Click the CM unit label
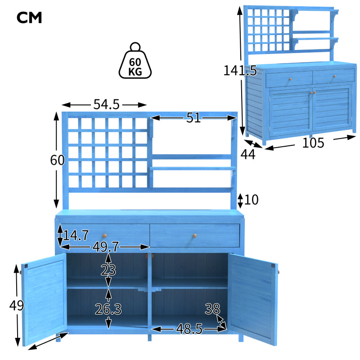point(29,18)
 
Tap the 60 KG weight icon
point(135,61)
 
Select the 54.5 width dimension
point(106,104)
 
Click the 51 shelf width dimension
point(193,118)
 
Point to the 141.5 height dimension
point(240,71)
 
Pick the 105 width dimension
point(313,143)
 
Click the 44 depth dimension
point(247,154)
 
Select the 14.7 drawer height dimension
point(76,235)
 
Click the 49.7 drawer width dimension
point(106,247)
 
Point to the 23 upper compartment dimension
point(108,270)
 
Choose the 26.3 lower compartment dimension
point(108,309)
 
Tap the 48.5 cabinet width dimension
point(188,329)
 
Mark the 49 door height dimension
point(17,306)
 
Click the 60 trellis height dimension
point(57,160)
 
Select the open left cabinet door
point(44,299)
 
